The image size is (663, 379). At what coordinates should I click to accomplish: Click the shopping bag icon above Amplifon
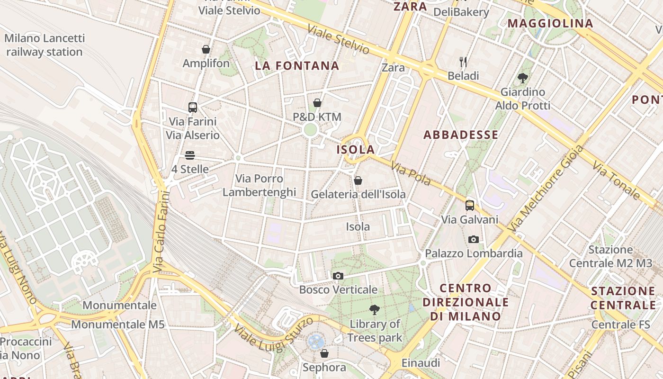(206, 49)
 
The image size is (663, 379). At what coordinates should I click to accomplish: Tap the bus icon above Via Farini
(193, 107)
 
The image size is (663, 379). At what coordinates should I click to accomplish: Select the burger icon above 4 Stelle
(190, 155)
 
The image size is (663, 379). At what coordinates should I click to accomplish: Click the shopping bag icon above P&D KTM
(317, 103)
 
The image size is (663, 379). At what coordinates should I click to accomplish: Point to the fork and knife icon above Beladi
(463, 62)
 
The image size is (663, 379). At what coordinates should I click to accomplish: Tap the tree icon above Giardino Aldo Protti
(523, 78)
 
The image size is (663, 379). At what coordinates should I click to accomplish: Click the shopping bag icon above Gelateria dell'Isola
(358, 180)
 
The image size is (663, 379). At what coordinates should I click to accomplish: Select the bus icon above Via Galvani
(470, 206)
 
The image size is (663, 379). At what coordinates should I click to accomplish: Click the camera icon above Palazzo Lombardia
(474, 239)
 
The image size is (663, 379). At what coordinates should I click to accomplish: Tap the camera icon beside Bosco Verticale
(338, 276)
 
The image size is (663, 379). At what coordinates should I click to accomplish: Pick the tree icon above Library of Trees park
(375, 310)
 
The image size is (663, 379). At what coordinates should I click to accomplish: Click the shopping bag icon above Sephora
(324, 353)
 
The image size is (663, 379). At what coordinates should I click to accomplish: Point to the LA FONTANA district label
(297, 66)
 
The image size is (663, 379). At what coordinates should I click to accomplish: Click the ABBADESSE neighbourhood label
(461, 135)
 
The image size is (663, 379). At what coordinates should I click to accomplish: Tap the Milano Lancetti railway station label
(45, 45)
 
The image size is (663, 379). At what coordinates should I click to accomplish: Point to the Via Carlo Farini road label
(161, 231)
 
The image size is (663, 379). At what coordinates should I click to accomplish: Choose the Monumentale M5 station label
(118, 325)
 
